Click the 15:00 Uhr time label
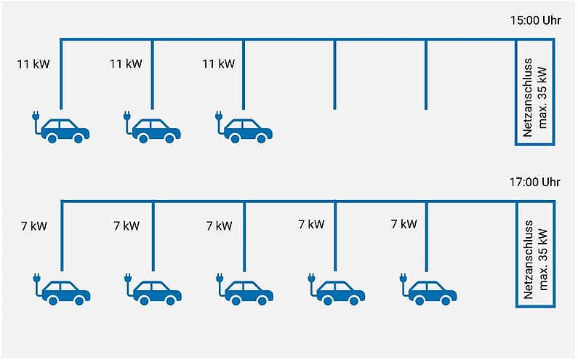coord(535,20)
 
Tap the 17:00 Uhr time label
coord(535,183)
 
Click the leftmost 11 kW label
coord(33,64)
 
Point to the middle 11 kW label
coord(126,64)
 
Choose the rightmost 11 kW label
coord(218,64)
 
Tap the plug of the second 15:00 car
coord(127,116)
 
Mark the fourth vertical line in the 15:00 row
coord(334,74)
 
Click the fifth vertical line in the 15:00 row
coord(426,74)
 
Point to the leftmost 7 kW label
coord(34,226)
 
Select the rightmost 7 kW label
coord(404,224)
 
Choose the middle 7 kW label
coord(219,225)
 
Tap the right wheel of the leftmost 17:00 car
coord(79,300)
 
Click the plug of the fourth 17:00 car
coord(311,279)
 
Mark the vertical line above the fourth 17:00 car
coord(335,236)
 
